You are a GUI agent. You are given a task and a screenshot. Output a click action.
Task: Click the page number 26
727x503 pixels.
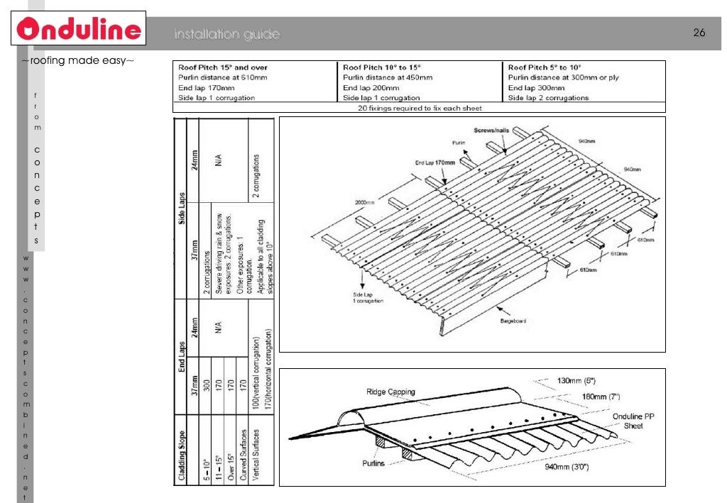(699, 34)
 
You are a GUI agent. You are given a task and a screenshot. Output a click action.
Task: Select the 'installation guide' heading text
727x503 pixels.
(227, 35)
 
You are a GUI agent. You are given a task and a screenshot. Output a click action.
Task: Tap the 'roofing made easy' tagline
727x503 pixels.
(77, 61)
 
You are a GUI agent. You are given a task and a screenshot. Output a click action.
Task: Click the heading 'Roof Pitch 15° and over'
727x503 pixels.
(223, 67)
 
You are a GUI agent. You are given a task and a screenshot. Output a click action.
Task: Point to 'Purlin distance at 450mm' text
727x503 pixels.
(387, 77)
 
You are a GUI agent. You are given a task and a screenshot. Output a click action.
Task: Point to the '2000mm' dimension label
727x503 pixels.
(365, 201)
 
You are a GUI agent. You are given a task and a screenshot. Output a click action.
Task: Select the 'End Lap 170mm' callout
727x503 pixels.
(434, 162)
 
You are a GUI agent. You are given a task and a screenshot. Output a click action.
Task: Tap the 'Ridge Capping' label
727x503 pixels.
(390, 392)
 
